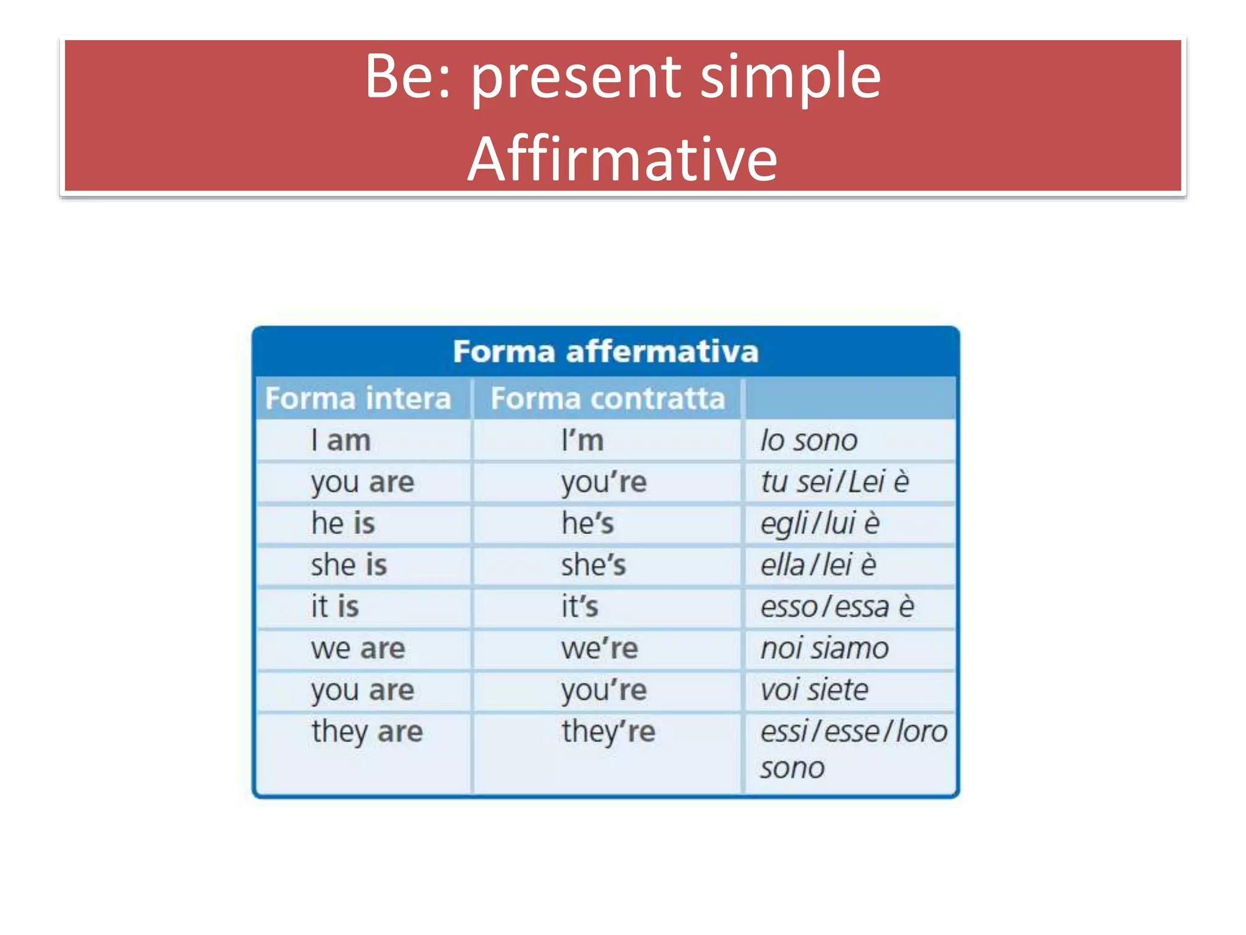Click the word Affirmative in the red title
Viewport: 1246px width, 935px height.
[622, 159]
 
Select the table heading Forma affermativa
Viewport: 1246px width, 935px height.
[605, 352]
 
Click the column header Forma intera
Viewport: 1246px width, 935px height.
[358, 399]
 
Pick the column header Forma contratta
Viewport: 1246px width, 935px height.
[608, 399]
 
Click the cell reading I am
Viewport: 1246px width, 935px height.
[341, 440]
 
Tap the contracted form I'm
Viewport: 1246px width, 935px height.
[582, 440]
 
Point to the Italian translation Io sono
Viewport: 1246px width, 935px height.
[809, 440]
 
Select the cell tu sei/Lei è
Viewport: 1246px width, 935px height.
[835, 482]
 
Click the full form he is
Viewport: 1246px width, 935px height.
[343, 524]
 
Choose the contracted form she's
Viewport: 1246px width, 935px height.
[593, 566]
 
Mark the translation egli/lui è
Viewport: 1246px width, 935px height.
[820, 524]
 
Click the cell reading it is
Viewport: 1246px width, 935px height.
[335, 607]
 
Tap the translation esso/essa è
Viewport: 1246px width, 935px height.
[837, 607]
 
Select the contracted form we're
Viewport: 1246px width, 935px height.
[599, 648]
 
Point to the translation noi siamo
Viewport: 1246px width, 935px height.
[824, 648]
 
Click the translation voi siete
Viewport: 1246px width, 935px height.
[814, 690]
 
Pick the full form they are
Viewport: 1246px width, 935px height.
[367, 732]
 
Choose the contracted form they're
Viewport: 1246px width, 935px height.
[608, 732]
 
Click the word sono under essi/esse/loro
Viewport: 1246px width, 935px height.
[792, 768]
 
